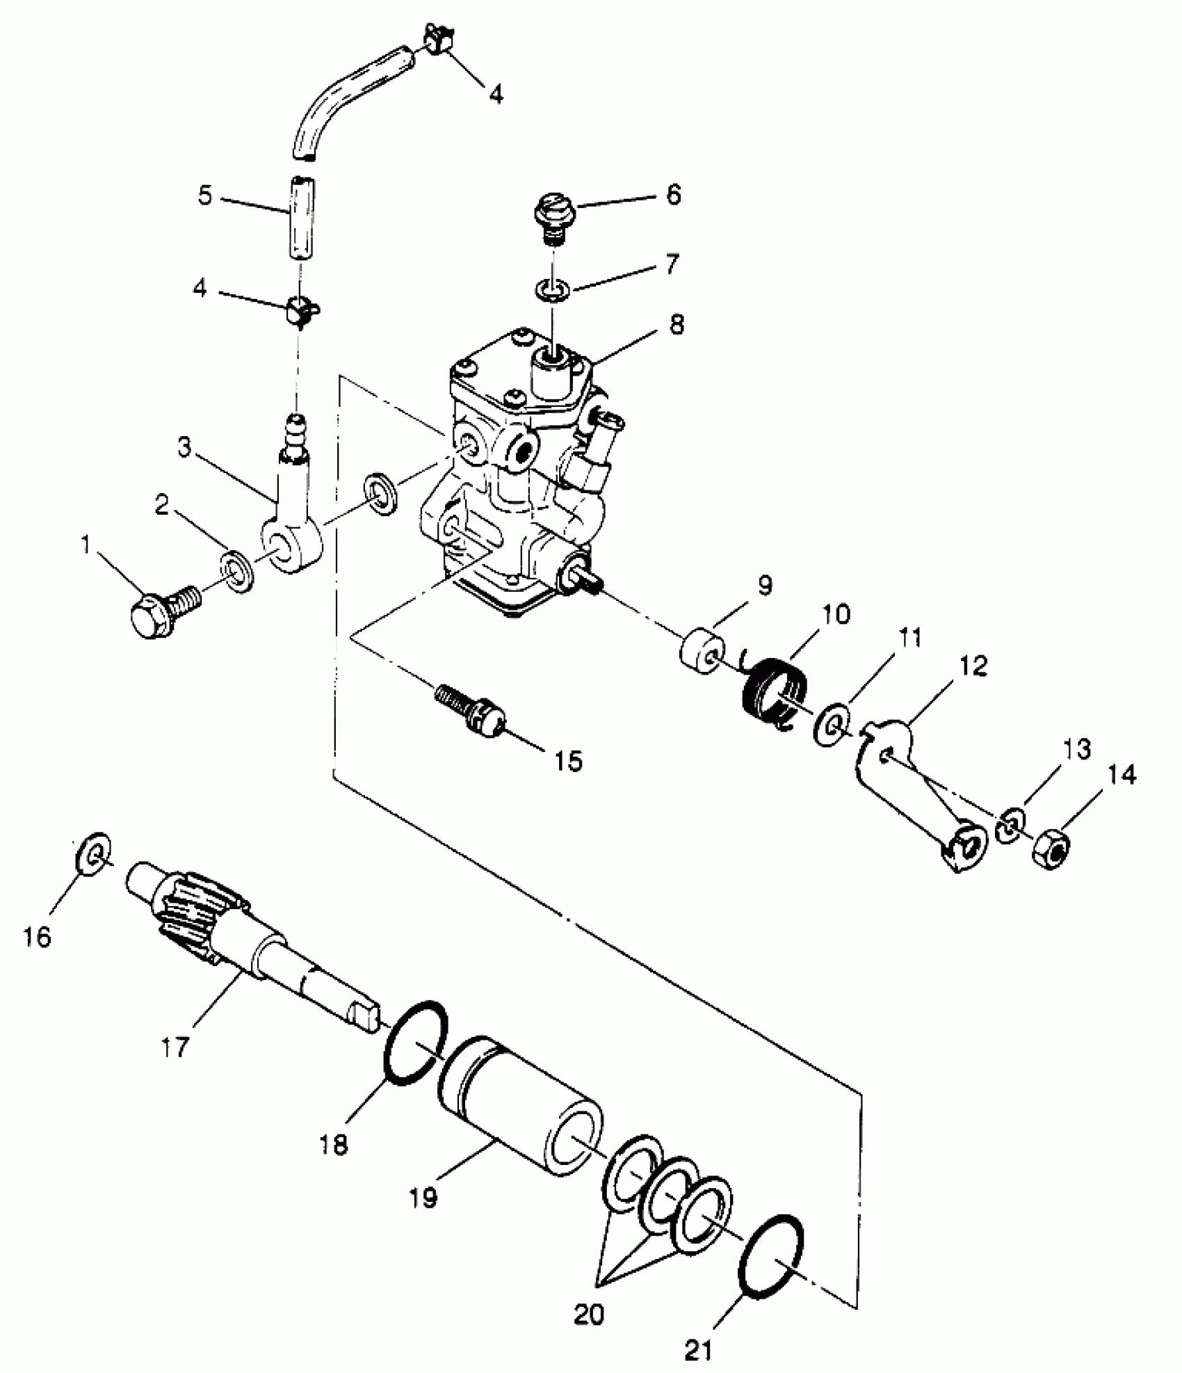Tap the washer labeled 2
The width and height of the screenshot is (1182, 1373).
click(x=236, y=572)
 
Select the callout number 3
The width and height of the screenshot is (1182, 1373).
click(x=184, y=449)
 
